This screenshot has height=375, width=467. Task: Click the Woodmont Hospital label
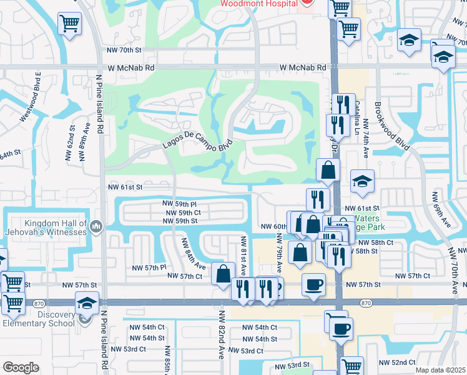pos(258,4)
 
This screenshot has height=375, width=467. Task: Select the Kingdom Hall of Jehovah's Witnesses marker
pos(96,226)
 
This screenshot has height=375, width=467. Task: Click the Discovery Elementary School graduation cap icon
pos(87,304)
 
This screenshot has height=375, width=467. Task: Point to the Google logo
pos(21,367)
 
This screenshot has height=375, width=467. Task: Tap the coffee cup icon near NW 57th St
pos(313,284)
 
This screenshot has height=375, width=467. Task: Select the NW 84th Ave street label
pos(194,254)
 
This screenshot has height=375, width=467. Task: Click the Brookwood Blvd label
pos(392,125)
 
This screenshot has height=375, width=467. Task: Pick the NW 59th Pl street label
pos(179,204)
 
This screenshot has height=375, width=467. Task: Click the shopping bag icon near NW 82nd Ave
pos(223,274)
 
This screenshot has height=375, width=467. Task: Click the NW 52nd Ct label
pos(397,362)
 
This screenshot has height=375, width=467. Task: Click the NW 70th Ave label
pos(456,269)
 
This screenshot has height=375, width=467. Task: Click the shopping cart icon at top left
pos(70,24)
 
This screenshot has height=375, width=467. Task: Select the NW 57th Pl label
pos(149,267)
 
